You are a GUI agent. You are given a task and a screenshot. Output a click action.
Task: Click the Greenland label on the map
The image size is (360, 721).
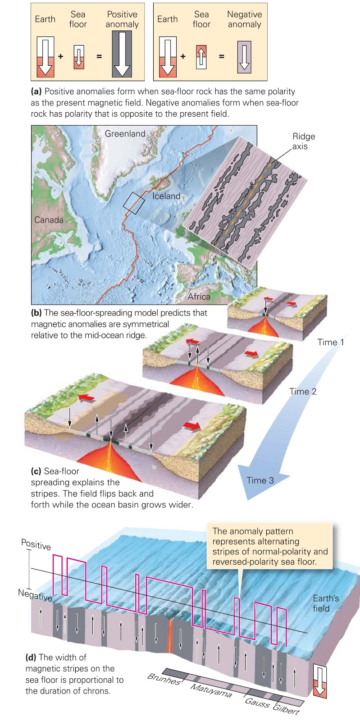[125, 133]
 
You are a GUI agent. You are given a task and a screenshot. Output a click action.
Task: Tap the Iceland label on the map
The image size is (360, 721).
[166, 196]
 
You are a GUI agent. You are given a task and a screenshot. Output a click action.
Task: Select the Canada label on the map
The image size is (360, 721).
[49, 220]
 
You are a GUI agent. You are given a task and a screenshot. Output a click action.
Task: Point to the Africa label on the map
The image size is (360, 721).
[199, 297]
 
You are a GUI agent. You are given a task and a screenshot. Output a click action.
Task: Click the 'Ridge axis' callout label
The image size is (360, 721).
[303, 141]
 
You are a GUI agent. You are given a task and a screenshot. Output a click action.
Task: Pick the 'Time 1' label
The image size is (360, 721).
[330, 342]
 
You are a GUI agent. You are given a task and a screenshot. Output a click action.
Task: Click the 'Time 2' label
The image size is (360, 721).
[303, 391]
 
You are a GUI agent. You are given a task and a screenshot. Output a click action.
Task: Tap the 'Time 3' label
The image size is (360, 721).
[260, 480]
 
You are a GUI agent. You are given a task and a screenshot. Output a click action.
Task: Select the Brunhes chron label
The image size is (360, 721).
[164, 679]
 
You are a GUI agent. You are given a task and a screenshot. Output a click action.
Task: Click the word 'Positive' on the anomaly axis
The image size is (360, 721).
[36, 544]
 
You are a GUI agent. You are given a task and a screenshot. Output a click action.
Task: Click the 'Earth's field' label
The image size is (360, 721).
[325, 603]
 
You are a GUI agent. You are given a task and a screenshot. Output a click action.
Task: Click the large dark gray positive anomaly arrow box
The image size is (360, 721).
[122, 55]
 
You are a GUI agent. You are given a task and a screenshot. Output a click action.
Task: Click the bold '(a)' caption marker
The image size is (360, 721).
[36, 91]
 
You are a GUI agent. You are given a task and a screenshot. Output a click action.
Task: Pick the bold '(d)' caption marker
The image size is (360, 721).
[31, 657]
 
